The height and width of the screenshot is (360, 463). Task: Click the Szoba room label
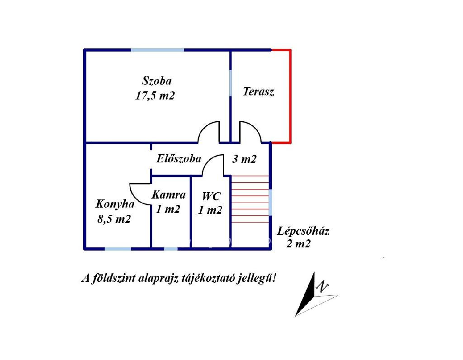[x=157, y=81]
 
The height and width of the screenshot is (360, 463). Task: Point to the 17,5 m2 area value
[x=155, y=96]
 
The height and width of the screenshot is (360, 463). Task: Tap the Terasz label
[x=259, y=91]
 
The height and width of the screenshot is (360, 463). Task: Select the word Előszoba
[x=179, y=159]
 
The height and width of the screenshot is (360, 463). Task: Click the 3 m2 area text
[x=244, y=159]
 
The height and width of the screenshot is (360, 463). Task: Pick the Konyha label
[x=115, y=204]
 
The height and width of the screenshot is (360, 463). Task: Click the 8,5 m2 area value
[x=114, y=219]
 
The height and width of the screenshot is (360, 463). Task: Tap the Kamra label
[x=169, y=194]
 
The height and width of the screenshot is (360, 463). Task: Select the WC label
[x=212, y=196]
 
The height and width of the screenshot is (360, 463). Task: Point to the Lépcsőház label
[x=303, y=231]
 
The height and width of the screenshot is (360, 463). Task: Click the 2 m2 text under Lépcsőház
[x=298, y=244]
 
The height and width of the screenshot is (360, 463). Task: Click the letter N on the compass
[x=322, y=286]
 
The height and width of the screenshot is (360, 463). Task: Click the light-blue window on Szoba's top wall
[x=157, y=50]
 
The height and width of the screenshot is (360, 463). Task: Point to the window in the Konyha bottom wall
[x=118, y=249]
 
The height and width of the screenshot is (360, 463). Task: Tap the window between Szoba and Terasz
[x=231, y=83]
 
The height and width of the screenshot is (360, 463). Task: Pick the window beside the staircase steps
[x=270, y=202]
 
